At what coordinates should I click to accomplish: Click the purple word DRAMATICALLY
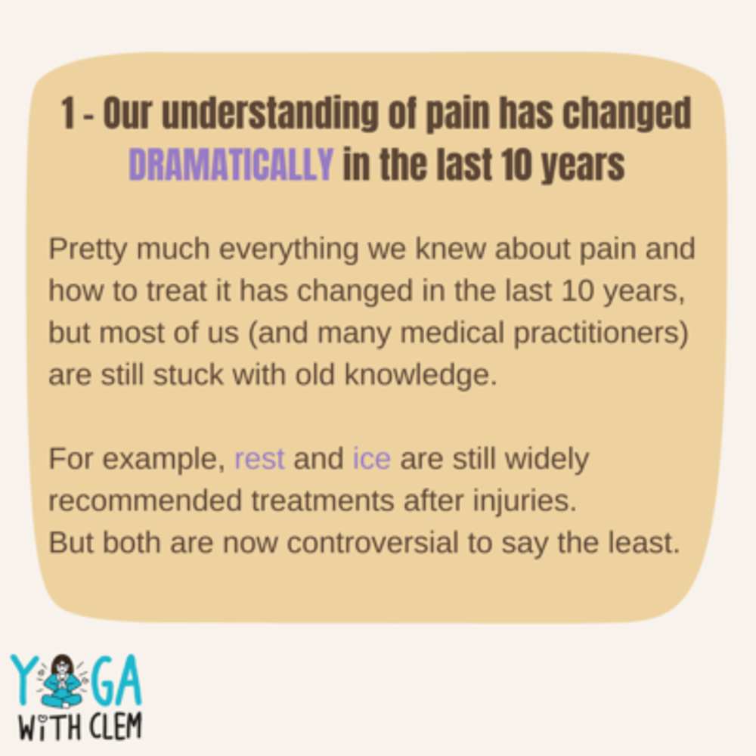(231, 164)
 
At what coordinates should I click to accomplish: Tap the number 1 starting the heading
(67, 113)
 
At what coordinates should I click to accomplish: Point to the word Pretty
(88, 249)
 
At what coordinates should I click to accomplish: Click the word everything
(289, 249)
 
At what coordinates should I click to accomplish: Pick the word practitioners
(601, 333)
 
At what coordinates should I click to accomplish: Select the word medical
(452, 333)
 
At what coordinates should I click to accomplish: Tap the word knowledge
(420, 375)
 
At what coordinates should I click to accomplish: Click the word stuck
(188, 375)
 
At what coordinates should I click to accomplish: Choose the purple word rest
(259, 459)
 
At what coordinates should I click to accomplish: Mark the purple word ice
(371, 458)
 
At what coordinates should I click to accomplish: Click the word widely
(547, 459)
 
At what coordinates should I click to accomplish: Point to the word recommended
(145, 500)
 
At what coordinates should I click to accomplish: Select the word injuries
(525, 501)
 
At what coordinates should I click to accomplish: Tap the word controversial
(373, 543)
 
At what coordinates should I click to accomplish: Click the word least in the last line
(643, 543)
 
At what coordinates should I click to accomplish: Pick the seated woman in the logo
(63, 680)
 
